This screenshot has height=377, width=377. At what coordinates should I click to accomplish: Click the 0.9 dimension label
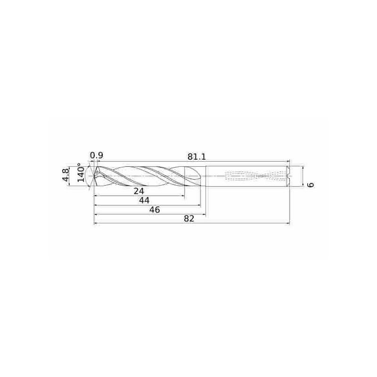pyautogui.click(x=97, y=156)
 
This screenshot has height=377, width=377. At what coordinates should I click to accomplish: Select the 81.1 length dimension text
pyautogui.click(x=197, y=156)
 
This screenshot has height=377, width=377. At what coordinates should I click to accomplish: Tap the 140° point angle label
pyautogui.click(x=81, y=173)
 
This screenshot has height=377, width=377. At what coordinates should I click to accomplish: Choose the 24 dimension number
pyautogui.click(x=139, y=191)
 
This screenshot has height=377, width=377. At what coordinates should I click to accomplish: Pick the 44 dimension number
pyautogui.click(x=146, y=201)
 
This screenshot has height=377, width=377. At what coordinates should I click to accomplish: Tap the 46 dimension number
pyautogui.click(x=155, y=210)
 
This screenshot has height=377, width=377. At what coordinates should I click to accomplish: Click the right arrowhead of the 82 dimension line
pyautogui.click(x=288, y=223)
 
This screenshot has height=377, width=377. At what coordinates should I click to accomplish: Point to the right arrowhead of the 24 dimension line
pyautogui.click(x=183, y=196)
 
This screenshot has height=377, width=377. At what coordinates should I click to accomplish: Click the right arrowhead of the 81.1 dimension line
pyautogui.click(x=288, y=161)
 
